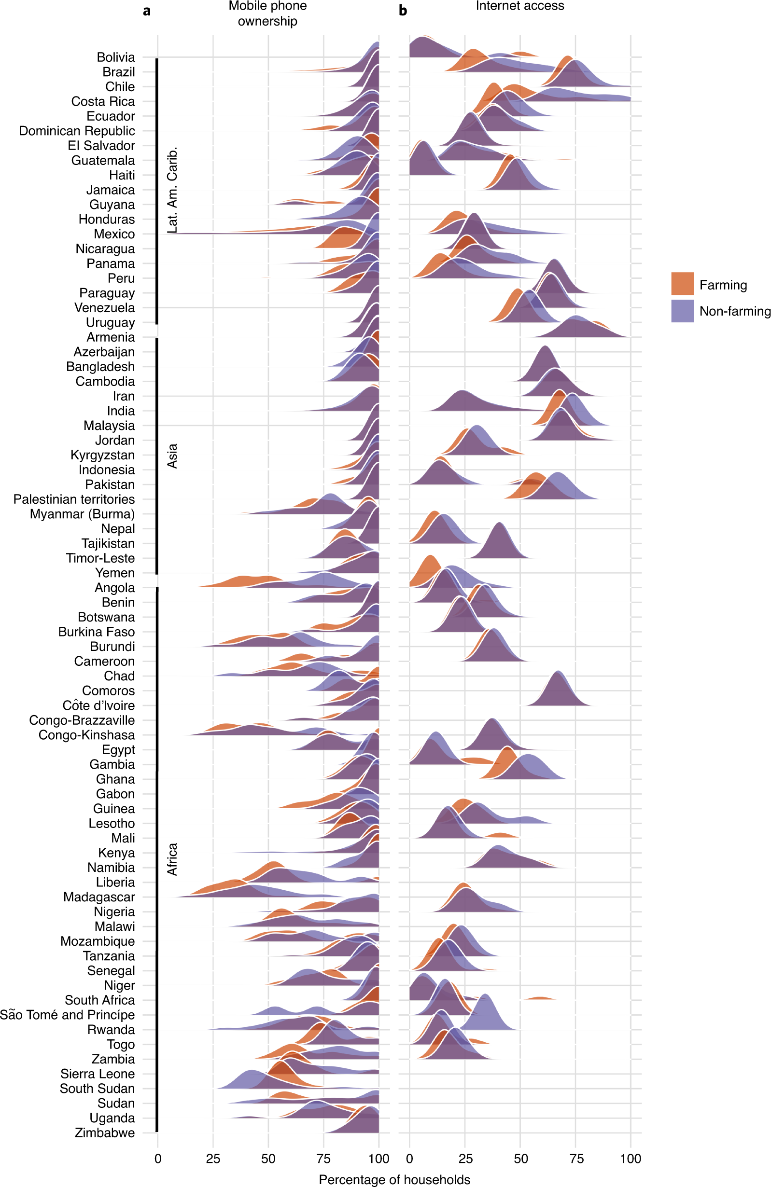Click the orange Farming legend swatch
tap(682, 284)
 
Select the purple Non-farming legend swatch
tap(682, 311)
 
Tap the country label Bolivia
tap(116, 57)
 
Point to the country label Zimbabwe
tap(105, 1132)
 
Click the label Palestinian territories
tap(74, 499)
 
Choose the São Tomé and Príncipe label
tap(68, 1015)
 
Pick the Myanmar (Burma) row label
tap(82, 514)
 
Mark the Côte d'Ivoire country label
tap(98, 706)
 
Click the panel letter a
tap(147, 11)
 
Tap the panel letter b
tap(403, 11)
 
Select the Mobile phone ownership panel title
tap(267, 14)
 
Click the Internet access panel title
tap(519, 6)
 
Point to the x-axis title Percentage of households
tap(394, 1179)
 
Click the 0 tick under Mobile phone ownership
tap(158, 1159)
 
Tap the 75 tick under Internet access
tap(576, 1159)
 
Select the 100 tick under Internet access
tap(631, 1159)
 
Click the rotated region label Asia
tap(172, 456)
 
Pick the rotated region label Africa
tap(172, 859)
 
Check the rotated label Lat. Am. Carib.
tap(172, 190)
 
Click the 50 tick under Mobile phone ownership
tap(268, 1159)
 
